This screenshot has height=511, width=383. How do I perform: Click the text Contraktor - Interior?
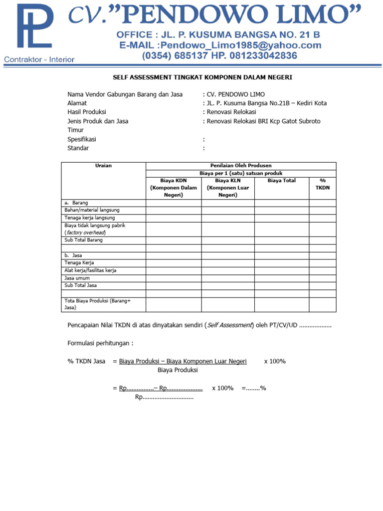pyautogui.click(x=39, y=59)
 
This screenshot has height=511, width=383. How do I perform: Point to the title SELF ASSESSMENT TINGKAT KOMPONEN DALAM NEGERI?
pyautogui.click(x=202, y=77)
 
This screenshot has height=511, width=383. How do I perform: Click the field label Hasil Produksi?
pyautogui.click(x=87, y=112)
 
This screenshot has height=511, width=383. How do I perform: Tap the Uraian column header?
pyautogui.click(x=103, y=166)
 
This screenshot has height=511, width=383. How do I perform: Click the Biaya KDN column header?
pyautogui.click(x=174, y=188)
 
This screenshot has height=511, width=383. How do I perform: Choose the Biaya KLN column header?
pyautogui.click(x=228, y=188)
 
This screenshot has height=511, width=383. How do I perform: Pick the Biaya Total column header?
pyautogui.click(x=281, y=181)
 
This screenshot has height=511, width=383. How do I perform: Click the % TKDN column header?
pyautogui.click(x=322, y=184)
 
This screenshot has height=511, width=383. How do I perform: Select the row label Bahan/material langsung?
pyautogui.click(x=92, y=210)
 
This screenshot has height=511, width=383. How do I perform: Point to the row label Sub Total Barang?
pyautogui.click(x=83, y=240)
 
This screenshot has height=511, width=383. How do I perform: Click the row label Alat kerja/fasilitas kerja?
pyautogui.click(x=90, y=270)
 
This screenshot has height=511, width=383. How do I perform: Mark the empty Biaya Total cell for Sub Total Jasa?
pyautogui.click(x=281, y=285)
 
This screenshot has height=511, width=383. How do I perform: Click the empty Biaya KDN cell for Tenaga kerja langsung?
pyautogui.click(x=174, y=218)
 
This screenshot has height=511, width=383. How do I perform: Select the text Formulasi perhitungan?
pyautogui.click(x=100, y=343)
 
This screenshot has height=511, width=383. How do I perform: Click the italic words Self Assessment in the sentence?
pyautogui.click(x=229, y=325)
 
